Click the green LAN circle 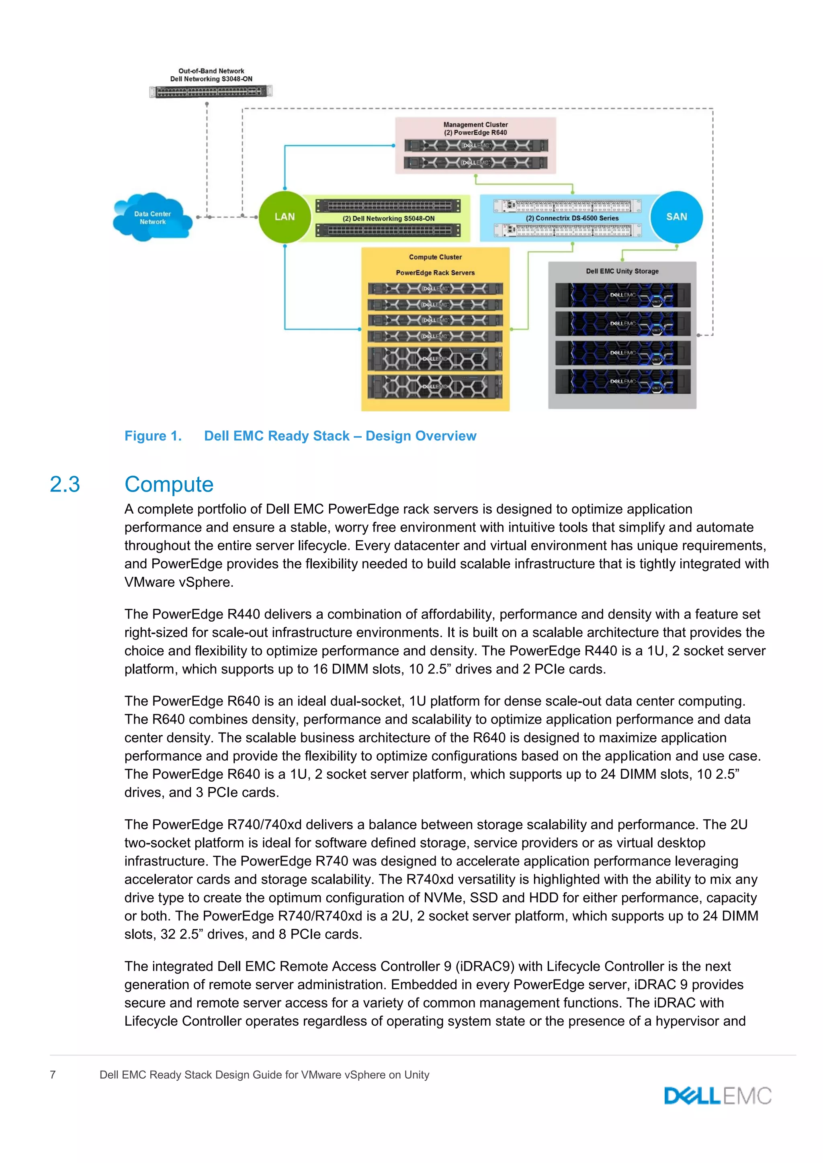[284, 217]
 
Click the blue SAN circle [676, 217]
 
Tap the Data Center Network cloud [152, 218]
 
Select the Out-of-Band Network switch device [211, 92]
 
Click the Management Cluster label [475, 124]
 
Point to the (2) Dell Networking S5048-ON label [388, 219]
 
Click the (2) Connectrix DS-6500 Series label [572, 218]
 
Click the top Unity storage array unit [622, 295]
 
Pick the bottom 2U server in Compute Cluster [435, 386]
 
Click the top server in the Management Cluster [475, 146]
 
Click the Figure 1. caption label [153, 436]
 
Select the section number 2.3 [65, 485]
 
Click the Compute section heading [169, 485]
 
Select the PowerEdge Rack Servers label [435, 273]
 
